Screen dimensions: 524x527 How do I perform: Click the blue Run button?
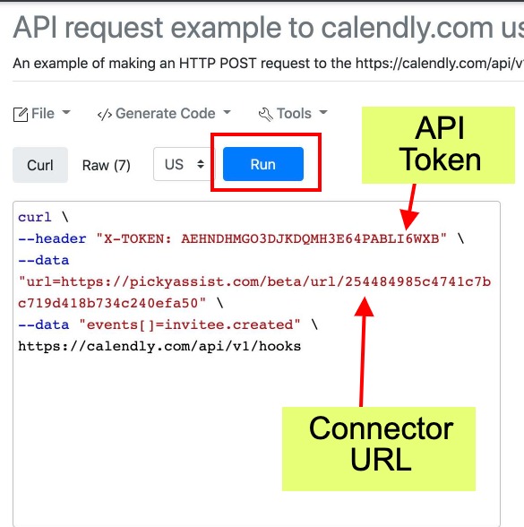263,164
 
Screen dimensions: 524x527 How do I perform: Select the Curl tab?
40,165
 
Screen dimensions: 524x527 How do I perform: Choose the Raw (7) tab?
106,165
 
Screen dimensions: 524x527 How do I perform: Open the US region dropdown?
184,164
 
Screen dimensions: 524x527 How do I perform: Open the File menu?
42,114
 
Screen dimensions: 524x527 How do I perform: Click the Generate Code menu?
164,114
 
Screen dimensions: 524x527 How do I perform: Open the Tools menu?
293,114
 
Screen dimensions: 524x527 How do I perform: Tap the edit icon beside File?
21,115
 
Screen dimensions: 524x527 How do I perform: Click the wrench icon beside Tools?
266,115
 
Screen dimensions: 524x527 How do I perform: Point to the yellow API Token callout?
438,145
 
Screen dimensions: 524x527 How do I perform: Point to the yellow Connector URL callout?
379,449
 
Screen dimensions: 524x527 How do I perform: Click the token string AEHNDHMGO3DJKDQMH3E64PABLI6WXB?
310,238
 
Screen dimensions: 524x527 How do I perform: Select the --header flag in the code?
52,238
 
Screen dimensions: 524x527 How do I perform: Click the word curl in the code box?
35,217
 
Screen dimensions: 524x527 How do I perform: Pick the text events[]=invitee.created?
190,324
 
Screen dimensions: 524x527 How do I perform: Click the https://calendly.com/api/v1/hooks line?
159,346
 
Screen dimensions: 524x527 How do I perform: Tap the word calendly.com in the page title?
407,28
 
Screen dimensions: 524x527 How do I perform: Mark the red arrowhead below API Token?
408,220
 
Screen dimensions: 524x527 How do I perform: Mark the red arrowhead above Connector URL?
364,307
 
